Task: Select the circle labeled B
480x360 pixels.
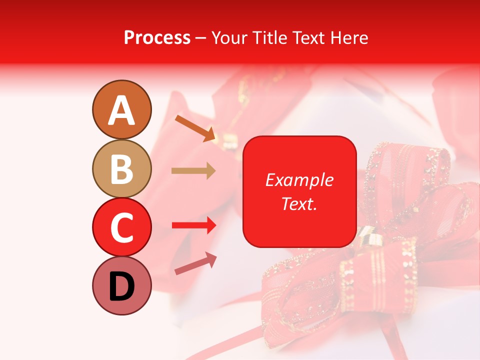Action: click(121, 168)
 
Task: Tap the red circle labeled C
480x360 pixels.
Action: click(121, 227)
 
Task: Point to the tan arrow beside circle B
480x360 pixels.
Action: click(193, 171)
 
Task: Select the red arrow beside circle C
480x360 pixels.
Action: click(193, 225)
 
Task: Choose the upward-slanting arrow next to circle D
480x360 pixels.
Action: click(195, 263)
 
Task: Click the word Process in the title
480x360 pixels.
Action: click(157, 37)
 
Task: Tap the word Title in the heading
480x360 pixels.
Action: click(270, 37)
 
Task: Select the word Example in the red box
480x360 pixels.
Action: click(299, 180)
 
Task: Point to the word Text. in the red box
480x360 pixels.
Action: click(299, 203)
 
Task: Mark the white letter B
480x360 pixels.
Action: click(121, 168)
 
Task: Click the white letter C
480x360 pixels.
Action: click(121, 227)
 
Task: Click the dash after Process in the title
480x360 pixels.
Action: click(200, 38)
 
